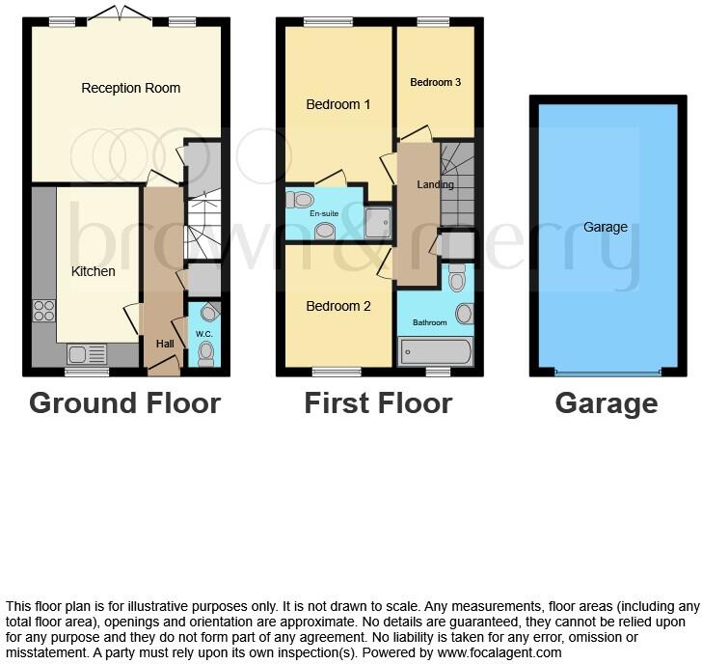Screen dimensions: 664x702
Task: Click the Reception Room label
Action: point(130,88)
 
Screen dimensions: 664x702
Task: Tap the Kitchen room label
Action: point(94,271)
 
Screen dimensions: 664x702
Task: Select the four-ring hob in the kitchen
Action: point(44,311)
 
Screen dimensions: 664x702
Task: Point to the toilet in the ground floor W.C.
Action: point(204,353)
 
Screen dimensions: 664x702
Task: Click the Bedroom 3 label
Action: point(435,83)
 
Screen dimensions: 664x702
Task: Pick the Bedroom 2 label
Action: point(338,306)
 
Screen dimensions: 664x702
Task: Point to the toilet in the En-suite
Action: point(300,200)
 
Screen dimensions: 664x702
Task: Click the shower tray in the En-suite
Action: point(377,222)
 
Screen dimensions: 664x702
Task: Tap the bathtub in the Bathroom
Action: point(435,351)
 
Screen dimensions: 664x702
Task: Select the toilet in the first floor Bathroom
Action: point(457,278)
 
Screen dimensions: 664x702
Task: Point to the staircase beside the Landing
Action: point(457,183)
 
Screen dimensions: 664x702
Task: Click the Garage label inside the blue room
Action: point(606,228)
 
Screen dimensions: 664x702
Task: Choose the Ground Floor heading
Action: point(124,402)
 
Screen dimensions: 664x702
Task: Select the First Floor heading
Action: point(378,402)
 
